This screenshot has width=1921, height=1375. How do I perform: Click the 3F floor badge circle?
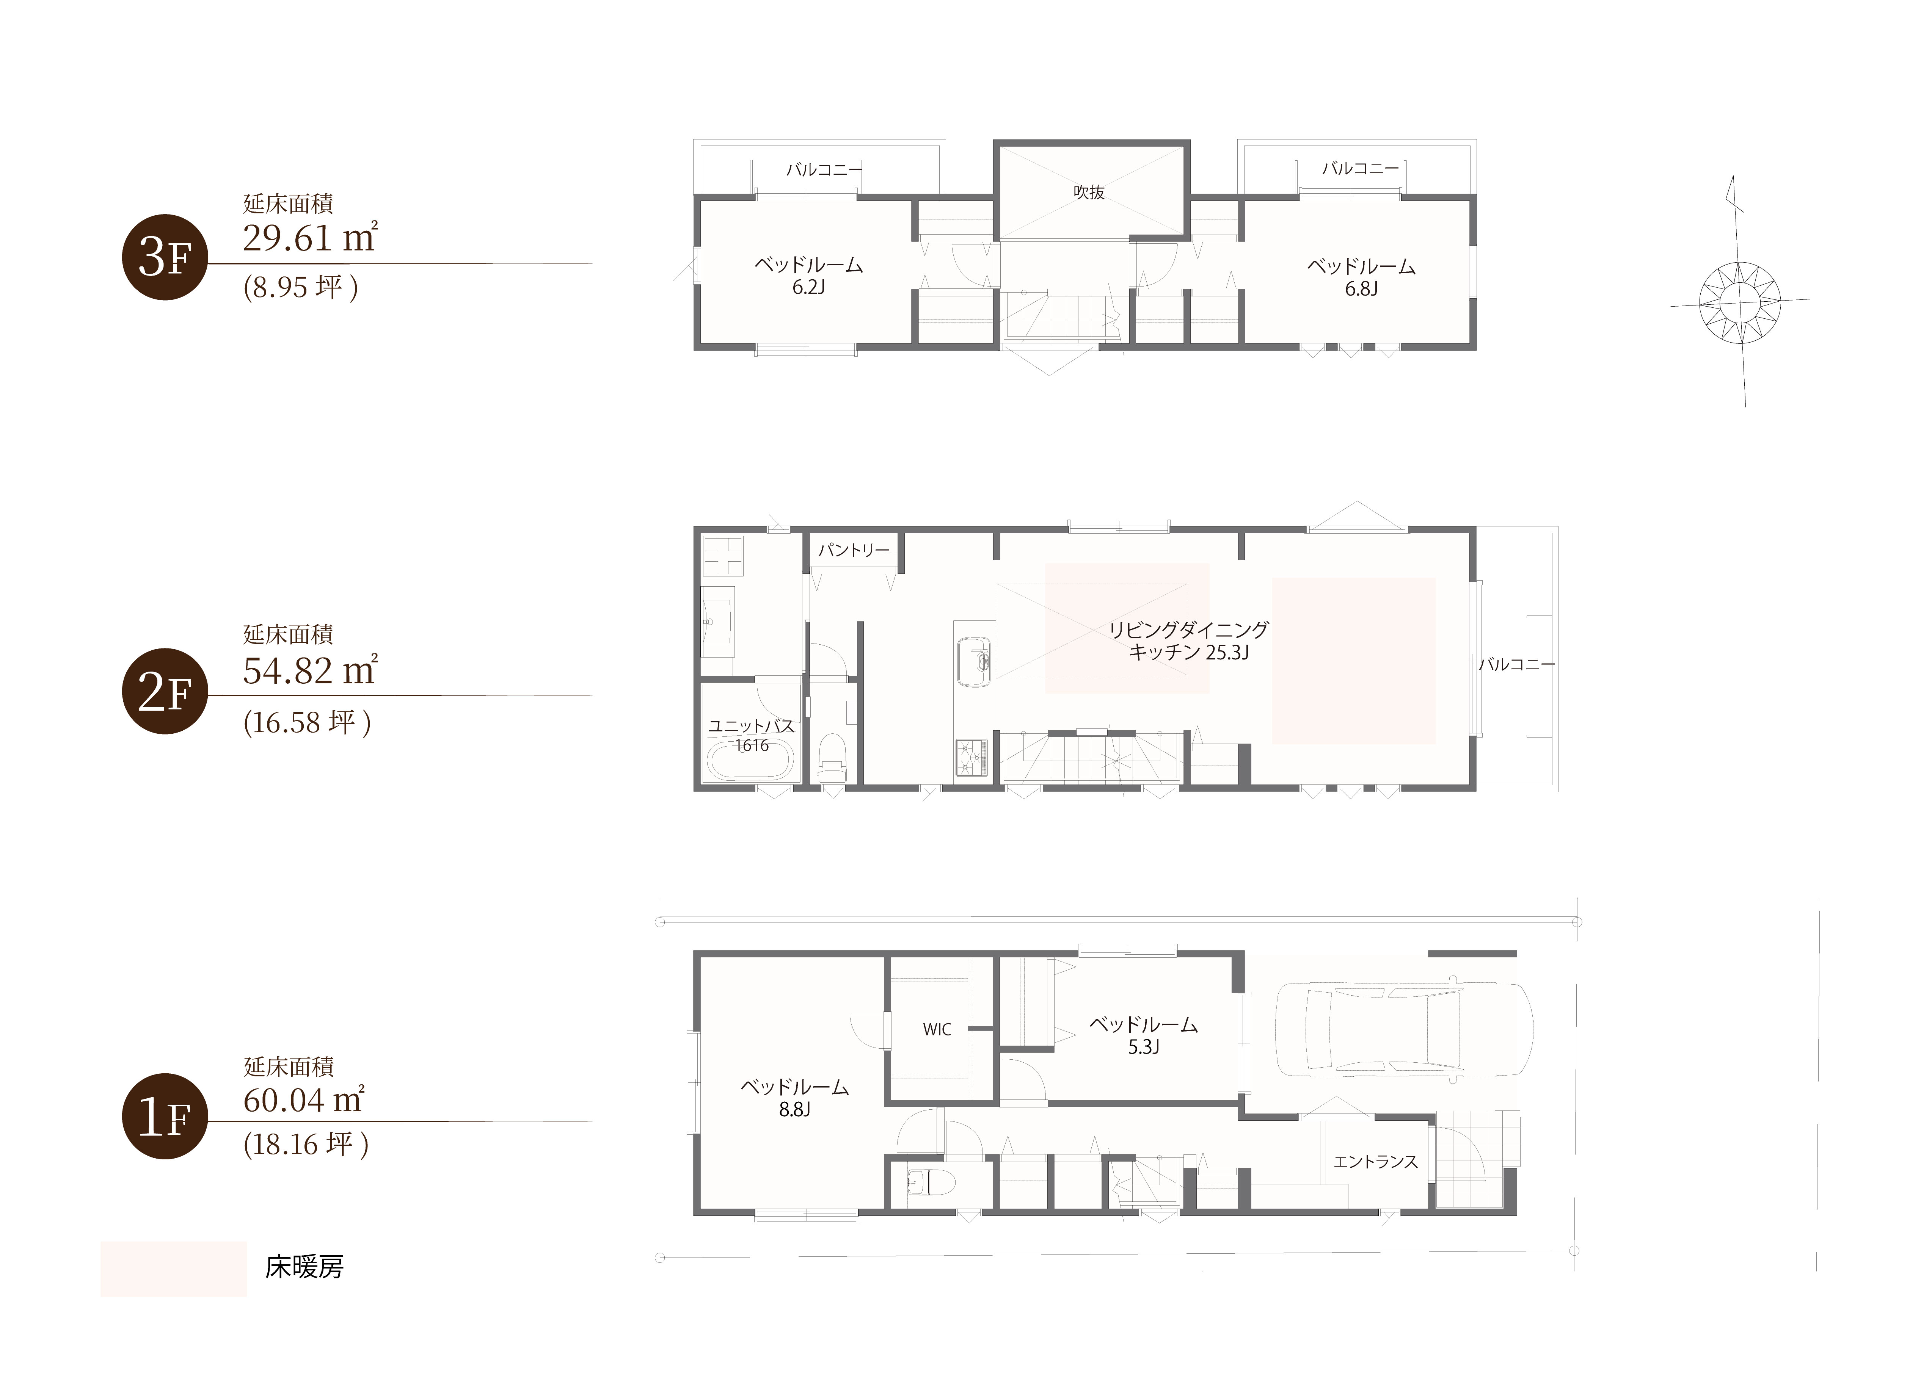point(165,257)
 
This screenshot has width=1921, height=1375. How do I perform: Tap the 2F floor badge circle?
point(165,691)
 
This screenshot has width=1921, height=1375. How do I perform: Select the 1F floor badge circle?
point(165,1116)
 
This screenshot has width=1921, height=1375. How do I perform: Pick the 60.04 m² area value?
point(303,1099)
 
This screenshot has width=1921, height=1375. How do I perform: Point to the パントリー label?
point(854,550)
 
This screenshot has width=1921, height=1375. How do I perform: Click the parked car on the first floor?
point(1403,1030)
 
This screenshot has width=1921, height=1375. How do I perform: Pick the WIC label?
point(937,1030)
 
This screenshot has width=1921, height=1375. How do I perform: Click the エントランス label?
point(1376,1162)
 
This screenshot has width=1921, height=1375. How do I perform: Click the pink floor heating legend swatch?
point(174,1269)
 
